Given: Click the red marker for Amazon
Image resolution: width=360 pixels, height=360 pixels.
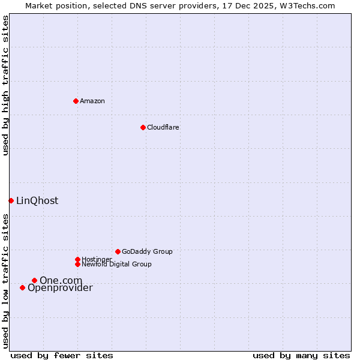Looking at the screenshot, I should (76, 101).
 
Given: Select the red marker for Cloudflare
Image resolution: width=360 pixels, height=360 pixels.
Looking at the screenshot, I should (143, 127).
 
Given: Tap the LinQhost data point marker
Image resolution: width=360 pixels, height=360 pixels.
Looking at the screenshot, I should (11, 200).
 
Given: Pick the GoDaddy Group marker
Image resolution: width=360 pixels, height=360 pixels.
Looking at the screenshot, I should (118, 251).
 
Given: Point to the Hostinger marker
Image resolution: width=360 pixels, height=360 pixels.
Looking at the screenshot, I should (77, 259).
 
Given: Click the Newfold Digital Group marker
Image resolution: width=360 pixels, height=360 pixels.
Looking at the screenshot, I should (77, 264).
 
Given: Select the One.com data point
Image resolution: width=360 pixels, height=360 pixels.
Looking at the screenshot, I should (34, 280).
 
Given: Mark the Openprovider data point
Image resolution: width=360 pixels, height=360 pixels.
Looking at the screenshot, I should (22, 287).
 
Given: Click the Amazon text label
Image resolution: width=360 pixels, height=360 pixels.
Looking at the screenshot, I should (92, 101).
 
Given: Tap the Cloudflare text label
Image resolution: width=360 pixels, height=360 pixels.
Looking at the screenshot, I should (163, 127).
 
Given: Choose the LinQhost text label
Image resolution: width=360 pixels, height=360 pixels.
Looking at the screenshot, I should (37, 200).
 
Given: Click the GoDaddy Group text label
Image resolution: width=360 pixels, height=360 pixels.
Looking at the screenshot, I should (147, 251).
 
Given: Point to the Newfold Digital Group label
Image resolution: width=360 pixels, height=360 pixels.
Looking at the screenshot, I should (116, 264).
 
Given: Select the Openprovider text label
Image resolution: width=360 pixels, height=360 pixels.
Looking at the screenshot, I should (60, 288).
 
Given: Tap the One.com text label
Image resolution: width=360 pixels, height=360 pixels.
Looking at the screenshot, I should (61, 280).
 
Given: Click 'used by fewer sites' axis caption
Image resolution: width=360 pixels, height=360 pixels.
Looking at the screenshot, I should (62, 355).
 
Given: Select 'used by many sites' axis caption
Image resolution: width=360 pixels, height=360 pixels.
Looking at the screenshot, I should (301, 355).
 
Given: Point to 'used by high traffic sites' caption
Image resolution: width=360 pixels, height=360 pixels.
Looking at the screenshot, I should (6, 85).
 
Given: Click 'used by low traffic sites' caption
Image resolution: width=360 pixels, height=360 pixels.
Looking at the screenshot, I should (6, 281).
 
